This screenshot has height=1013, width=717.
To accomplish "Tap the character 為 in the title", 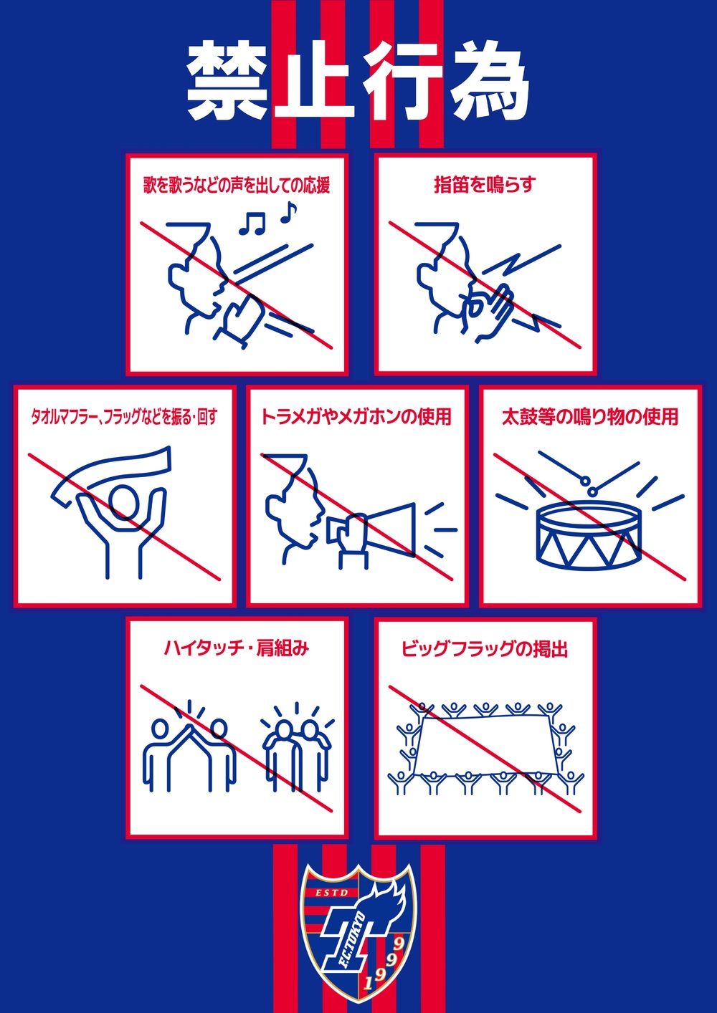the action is click(x=490, y=82).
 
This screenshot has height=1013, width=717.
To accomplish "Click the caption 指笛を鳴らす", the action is click(x=485, y=185).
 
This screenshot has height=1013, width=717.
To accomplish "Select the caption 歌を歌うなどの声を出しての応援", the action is click(x=237, y=186).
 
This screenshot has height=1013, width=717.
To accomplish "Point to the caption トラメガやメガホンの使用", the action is click(x=356, y=417).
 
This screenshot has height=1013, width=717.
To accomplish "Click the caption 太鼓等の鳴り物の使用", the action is click(x=590, y=417).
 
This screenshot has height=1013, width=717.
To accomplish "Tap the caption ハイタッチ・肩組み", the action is click(x=237, y=649).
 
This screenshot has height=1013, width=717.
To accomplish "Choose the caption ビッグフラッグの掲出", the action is click(x=485, y=649).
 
